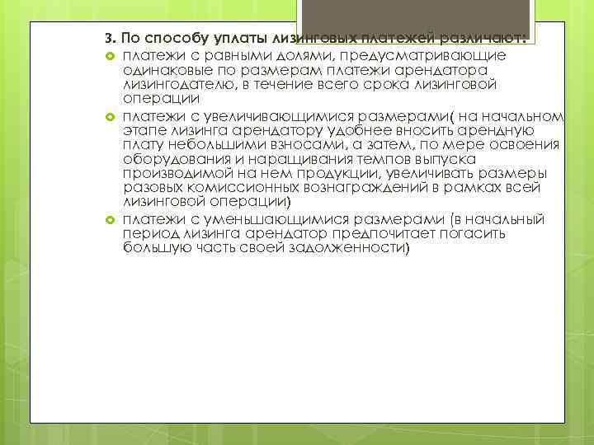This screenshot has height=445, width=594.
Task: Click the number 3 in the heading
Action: (108, 40)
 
